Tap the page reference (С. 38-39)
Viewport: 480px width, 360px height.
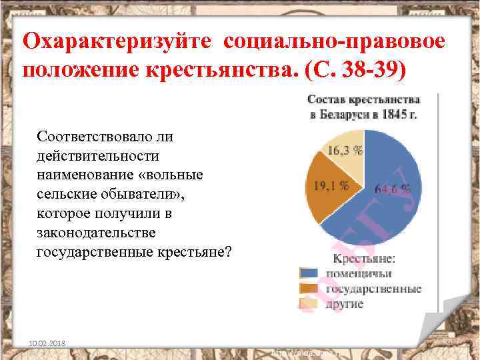346,69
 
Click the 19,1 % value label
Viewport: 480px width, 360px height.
331,186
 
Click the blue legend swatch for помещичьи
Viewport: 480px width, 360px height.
309,273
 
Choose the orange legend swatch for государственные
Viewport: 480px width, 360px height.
309,289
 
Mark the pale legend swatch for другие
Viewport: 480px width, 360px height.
309,304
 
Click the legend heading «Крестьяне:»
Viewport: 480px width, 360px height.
364,257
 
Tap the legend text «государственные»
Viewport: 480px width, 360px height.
373,289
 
